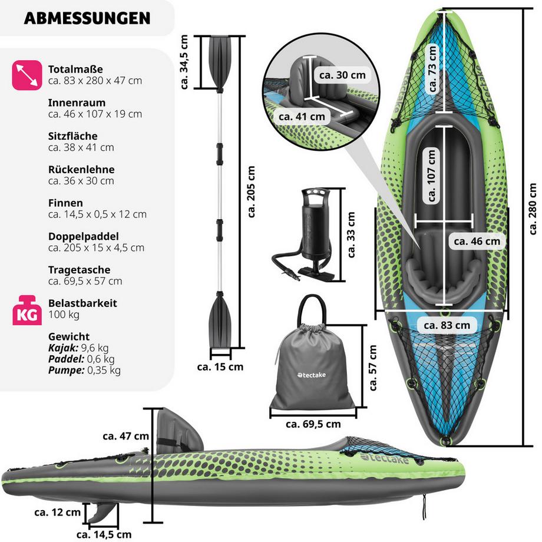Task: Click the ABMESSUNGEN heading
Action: click(x=87, y=18)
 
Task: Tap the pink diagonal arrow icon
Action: click(x=27, y=75)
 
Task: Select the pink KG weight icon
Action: click(x=27, y=310)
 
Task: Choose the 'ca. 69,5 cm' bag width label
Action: click(x=313, y=424)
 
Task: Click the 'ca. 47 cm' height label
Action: click(x=125, y=437)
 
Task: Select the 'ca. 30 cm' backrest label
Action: click(x=342, y=75)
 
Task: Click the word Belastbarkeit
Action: click(x=82, y=303)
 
